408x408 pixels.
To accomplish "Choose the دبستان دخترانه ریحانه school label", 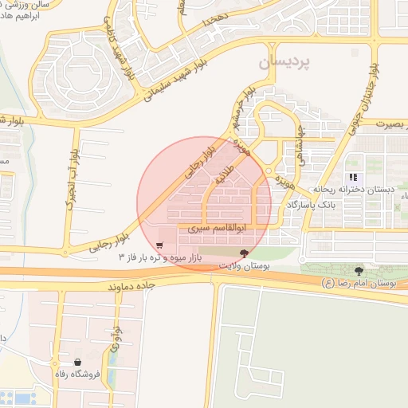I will tap(352, 190).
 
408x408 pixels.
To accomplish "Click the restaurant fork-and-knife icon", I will tap(352, 177).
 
